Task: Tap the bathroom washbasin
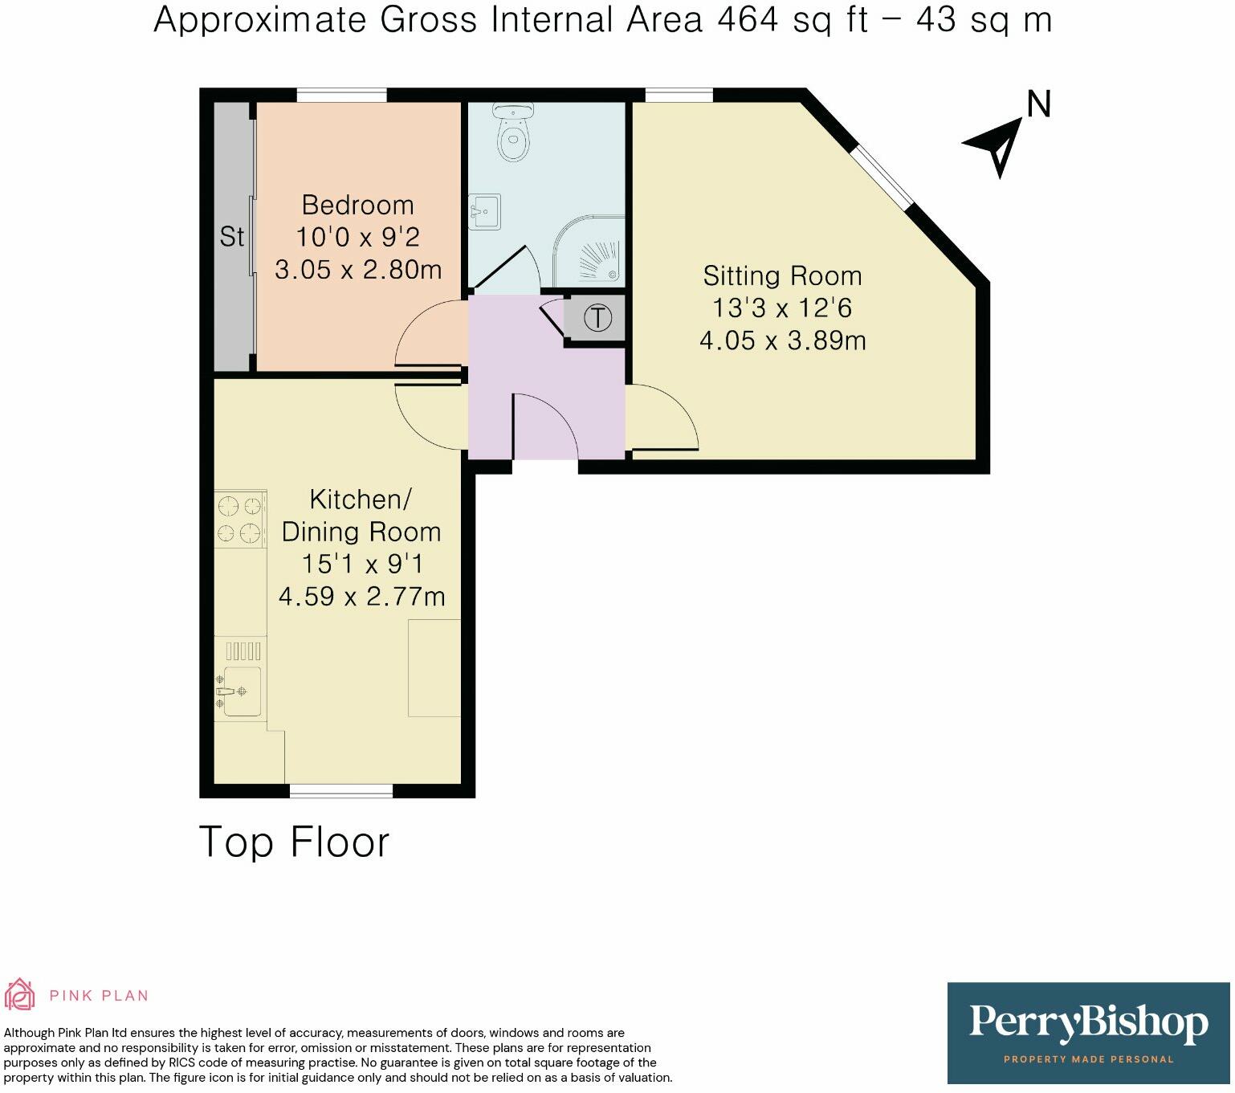click(x=484, y=212)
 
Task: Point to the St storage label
click(x=231, y=237)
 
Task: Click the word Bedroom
click(x=357, y=205)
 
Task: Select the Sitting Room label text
click(x=782, y=275)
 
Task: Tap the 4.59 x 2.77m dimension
click(x=361, y=597)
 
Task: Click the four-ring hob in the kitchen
click(x=240, y=519)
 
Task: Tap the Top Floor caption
click(x=294, y=842)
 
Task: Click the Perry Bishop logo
click(x=1088, y=1032)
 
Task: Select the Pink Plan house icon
click(x=20, y=995)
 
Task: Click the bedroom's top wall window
click(x=341, y=95)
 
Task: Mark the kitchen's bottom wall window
click(x=341, y=791)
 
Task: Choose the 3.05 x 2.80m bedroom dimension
click(x=358, y=270)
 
